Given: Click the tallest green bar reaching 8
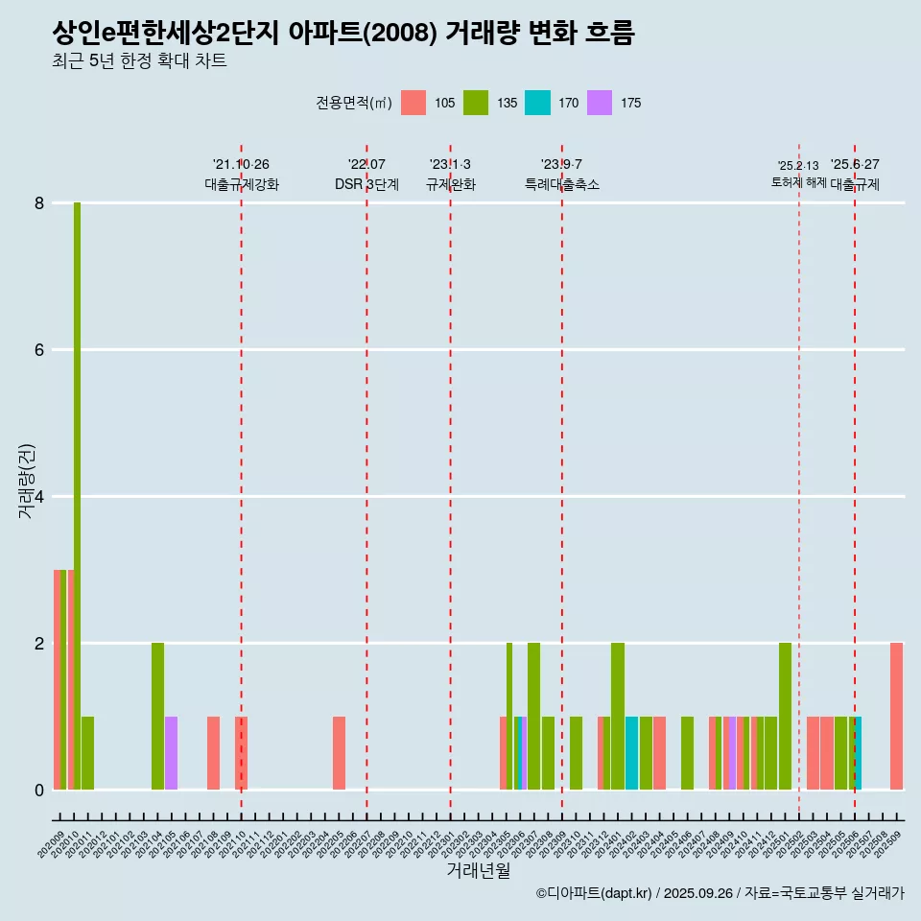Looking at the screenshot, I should [77, 496].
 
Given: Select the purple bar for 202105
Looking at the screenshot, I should [171, 753].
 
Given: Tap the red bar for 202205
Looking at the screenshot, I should [339, 753].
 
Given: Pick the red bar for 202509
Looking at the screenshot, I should [896, 716].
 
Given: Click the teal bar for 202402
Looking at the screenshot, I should [631, 753].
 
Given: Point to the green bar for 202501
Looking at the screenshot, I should [785, 716].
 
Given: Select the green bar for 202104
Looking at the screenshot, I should [157, 716].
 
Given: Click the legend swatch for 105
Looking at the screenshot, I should [413, 103].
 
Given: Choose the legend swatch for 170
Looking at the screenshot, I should [537, 103].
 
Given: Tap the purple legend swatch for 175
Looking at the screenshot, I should [600, 103].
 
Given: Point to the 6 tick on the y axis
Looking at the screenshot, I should [39, 350].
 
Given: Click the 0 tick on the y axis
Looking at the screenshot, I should [39, 791].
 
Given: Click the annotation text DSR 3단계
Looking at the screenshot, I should [366, 184].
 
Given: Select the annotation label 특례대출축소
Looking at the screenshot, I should [562, 184].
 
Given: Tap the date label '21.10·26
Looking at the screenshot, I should [241, 164].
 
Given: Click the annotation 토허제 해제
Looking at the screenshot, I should [798, 182].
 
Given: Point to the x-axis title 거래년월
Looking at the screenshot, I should [478, 871].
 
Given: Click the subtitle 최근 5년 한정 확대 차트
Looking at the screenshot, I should [140, 62].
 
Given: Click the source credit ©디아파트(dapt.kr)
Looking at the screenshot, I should [596, 893].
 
